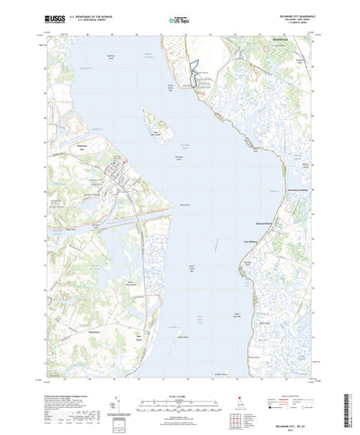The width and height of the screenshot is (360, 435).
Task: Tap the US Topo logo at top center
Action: [x=180, y=19]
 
